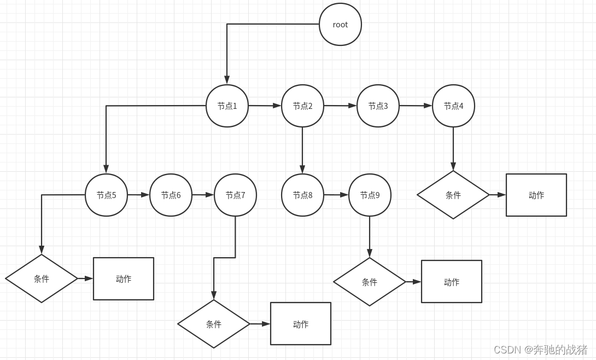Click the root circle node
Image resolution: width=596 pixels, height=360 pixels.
[x=340, y=25]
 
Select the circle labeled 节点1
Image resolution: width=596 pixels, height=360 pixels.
[x=227, y=106]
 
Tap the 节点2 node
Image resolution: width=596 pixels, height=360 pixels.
[x=302, y=106]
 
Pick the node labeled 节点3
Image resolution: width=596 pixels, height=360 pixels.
[x=378, y=106]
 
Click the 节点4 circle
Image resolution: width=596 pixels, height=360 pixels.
[x=453, y=106]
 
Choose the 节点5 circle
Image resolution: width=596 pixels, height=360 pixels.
[x=106, y=195]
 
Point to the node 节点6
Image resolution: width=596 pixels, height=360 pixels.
[x=171, y=195]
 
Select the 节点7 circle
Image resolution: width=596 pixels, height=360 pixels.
[x=235, y=195]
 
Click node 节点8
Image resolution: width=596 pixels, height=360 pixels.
[x=302, y=195]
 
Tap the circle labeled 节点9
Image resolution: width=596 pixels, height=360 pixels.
[x=370, y=195]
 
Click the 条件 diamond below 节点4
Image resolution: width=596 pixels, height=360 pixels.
[x=453, y=195]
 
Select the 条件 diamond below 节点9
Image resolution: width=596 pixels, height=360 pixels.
[x=370, y=282]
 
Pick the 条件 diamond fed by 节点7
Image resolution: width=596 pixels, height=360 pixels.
[x=214, y=324]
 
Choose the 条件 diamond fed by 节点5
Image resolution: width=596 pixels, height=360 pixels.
[x=42, y=278]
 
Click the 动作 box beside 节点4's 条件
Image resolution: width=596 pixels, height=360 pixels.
[x=536, y=195]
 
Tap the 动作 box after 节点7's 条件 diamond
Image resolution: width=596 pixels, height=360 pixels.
[x=300, y=324]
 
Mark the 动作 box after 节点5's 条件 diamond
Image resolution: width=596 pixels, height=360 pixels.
[x=123, y=279]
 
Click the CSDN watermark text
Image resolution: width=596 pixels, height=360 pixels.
[x=540, y=350]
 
